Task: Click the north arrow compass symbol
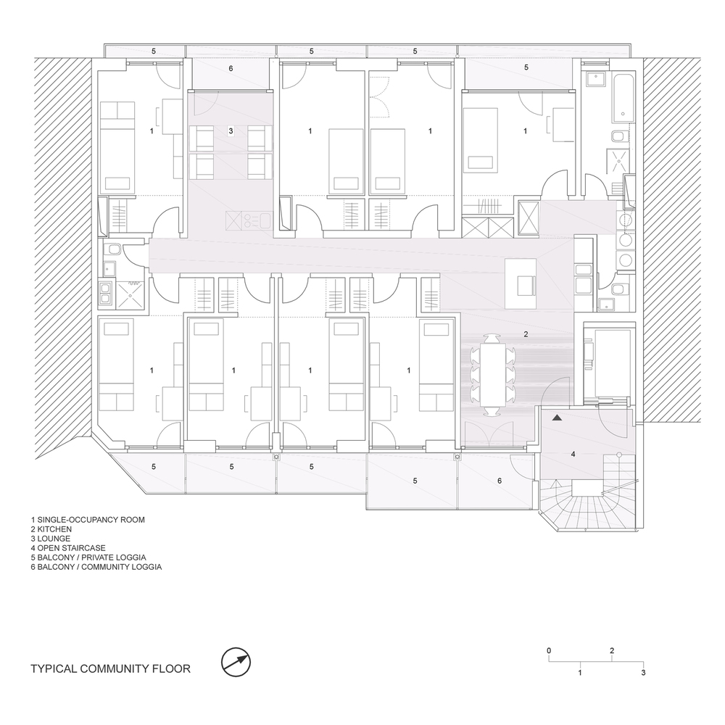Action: point(236,662)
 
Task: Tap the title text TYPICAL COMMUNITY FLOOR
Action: point(110,669)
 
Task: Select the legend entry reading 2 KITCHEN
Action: point(51,529)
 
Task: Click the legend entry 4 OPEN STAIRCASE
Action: point(68,548)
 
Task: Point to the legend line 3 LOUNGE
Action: point(51,539)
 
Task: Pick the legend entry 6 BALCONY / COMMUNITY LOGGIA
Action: point(96,567)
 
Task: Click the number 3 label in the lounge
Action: point(231,131)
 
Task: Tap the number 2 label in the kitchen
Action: point(526,333)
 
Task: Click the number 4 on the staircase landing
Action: point(573,454)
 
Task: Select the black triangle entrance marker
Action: point(557,418)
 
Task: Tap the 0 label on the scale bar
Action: point(549,650)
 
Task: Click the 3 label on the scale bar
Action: point(643,673)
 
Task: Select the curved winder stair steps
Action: point(587,505)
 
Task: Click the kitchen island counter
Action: point(521,284)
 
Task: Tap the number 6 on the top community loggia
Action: point(231,68)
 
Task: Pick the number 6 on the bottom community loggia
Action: point(500,481)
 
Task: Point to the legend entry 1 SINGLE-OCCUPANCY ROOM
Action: point(88,520)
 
